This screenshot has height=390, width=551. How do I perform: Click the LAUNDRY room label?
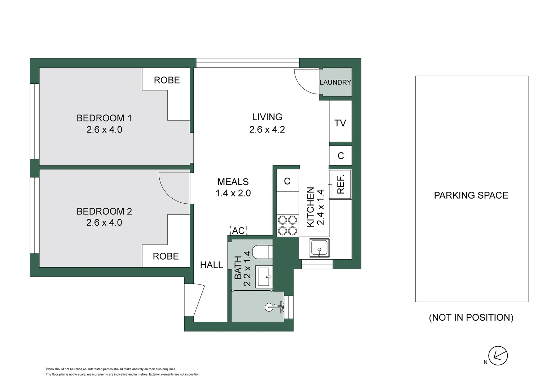click(335, 82)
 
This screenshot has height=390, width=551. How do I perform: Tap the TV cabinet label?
click(340, 123)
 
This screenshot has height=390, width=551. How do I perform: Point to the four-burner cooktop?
click(287, 225)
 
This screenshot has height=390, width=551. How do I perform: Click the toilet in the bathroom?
click(262, 252)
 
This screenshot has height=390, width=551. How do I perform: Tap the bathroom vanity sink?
click(264, 277)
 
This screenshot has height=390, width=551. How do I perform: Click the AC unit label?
click(238, 230)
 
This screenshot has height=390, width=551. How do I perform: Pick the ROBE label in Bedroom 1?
click(167, 80)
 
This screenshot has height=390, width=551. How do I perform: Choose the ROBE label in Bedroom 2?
click(166, 256)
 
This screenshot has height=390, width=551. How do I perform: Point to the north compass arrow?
click(498, 356)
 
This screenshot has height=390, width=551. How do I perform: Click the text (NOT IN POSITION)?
click(471, 317)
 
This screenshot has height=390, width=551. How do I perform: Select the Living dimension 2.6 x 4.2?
click(267, 129)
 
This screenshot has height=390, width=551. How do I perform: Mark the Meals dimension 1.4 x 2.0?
click(233, 193)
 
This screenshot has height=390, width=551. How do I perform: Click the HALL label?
click(211, 265)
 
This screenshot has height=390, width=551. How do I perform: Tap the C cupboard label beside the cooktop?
click(287, 181)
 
